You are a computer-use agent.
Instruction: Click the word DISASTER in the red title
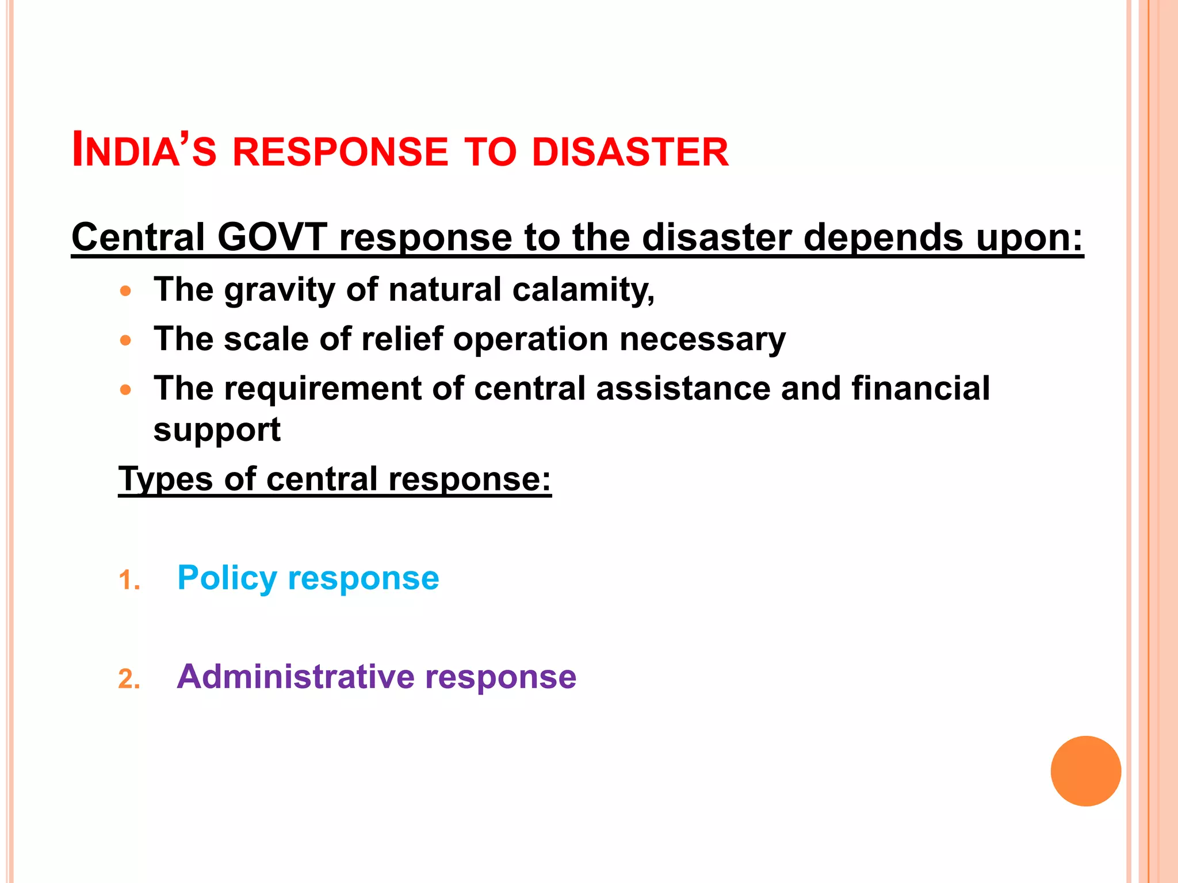pyautogui.click(x=630, y=152)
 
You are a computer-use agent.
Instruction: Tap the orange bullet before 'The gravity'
pyautogui.click(x=126, y=291)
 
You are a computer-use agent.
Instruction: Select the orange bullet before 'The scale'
pyautogui.click(x=126, y=340)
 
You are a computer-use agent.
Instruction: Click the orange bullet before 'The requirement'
pyautogui.click(x=126, y=390)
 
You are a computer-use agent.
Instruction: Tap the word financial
pyautogui.click(x=921, y=389)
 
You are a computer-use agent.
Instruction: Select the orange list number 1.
pyautogui.click(x=129, y=581)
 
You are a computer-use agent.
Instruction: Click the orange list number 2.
pyautogui.click(x=129, y=679)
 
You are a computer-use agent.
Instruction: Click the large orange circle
pyautogui.click(x=1085, y=771)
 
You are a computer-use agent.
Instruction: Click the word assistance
pyautogui.click(x=683, y=389)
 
